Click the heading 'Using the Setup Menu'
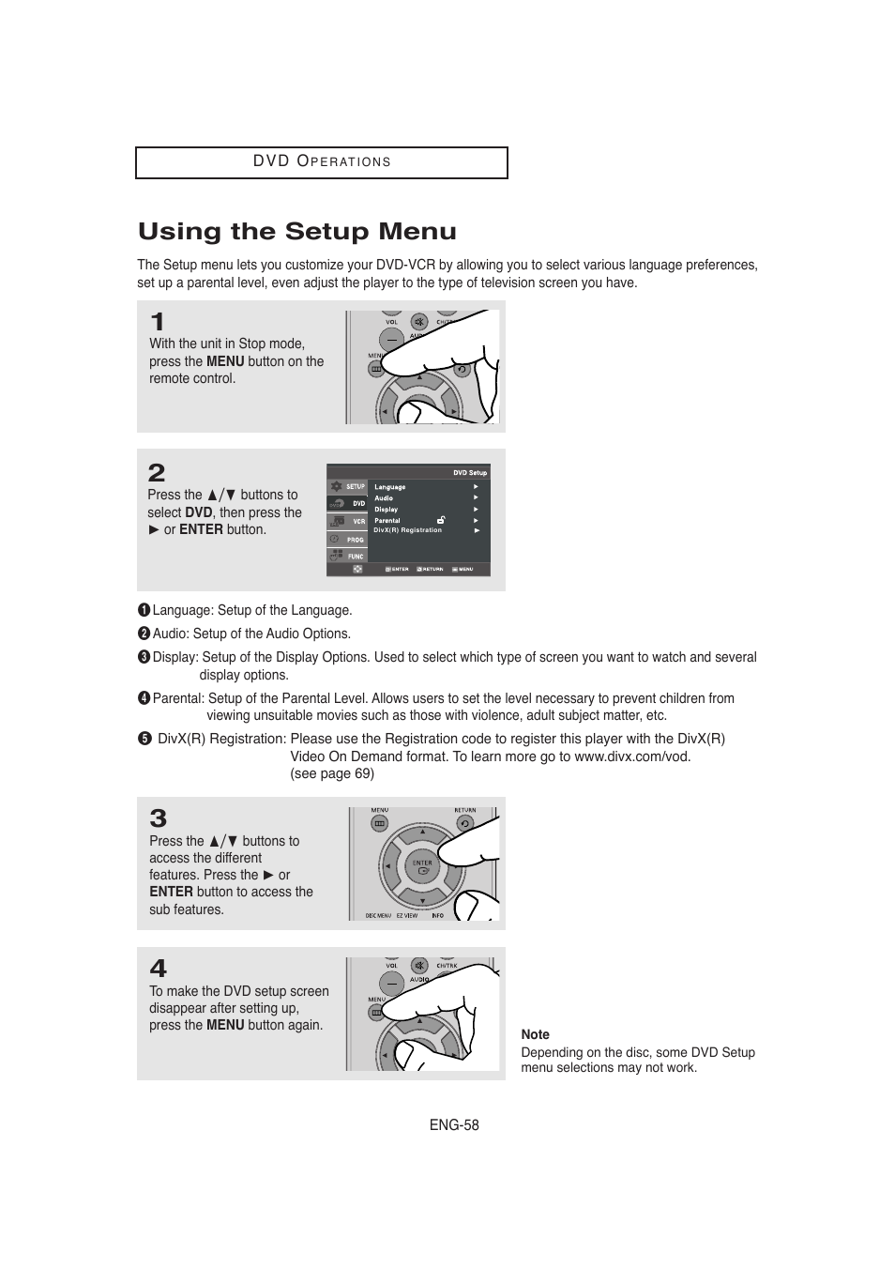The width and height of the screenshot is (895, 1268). [x=297, y=232]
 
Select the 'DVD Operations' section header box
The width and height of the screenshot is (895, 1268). [x=322, y=162]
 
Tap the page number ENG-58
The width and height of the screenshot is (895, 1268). [x=454, y=1124]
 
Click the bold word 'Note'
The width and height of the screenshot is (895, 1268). [x=535, y=1034]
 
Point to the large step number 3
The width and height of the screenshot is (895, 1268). [x=159, y=818]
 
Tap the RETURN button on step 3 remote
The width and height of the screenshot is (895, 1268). [x=464, y=823]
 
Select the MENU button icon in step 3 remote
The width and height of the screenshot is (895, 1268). [x=379, y=823]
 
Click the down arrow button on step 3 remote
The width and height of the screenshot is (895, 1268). [x=422, y=903]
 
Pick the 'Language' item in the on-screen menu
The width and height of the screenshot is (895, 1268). [x=390, y=487]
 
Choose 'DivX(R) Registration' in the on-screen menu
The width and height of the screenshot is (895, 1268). [x=407, y=530]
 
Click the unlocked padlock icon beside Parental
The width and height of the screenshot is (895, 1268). [x=441, y=519]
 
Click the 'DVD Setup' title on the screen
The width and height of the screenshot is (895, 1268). [x=470, y=473]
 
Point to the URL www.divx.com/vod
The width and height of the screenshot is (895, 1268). [x=631, y=756]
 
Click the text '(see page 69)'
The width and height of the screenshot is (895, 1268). [x=332, y=773]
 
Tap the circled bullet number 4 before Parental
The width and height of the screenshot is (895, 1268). [x=144, y=698]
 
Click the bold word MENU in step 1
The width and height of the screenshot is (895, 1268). [x=225, y=361]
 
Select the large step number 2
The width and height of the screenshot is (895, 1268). [x=157, y=473]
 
